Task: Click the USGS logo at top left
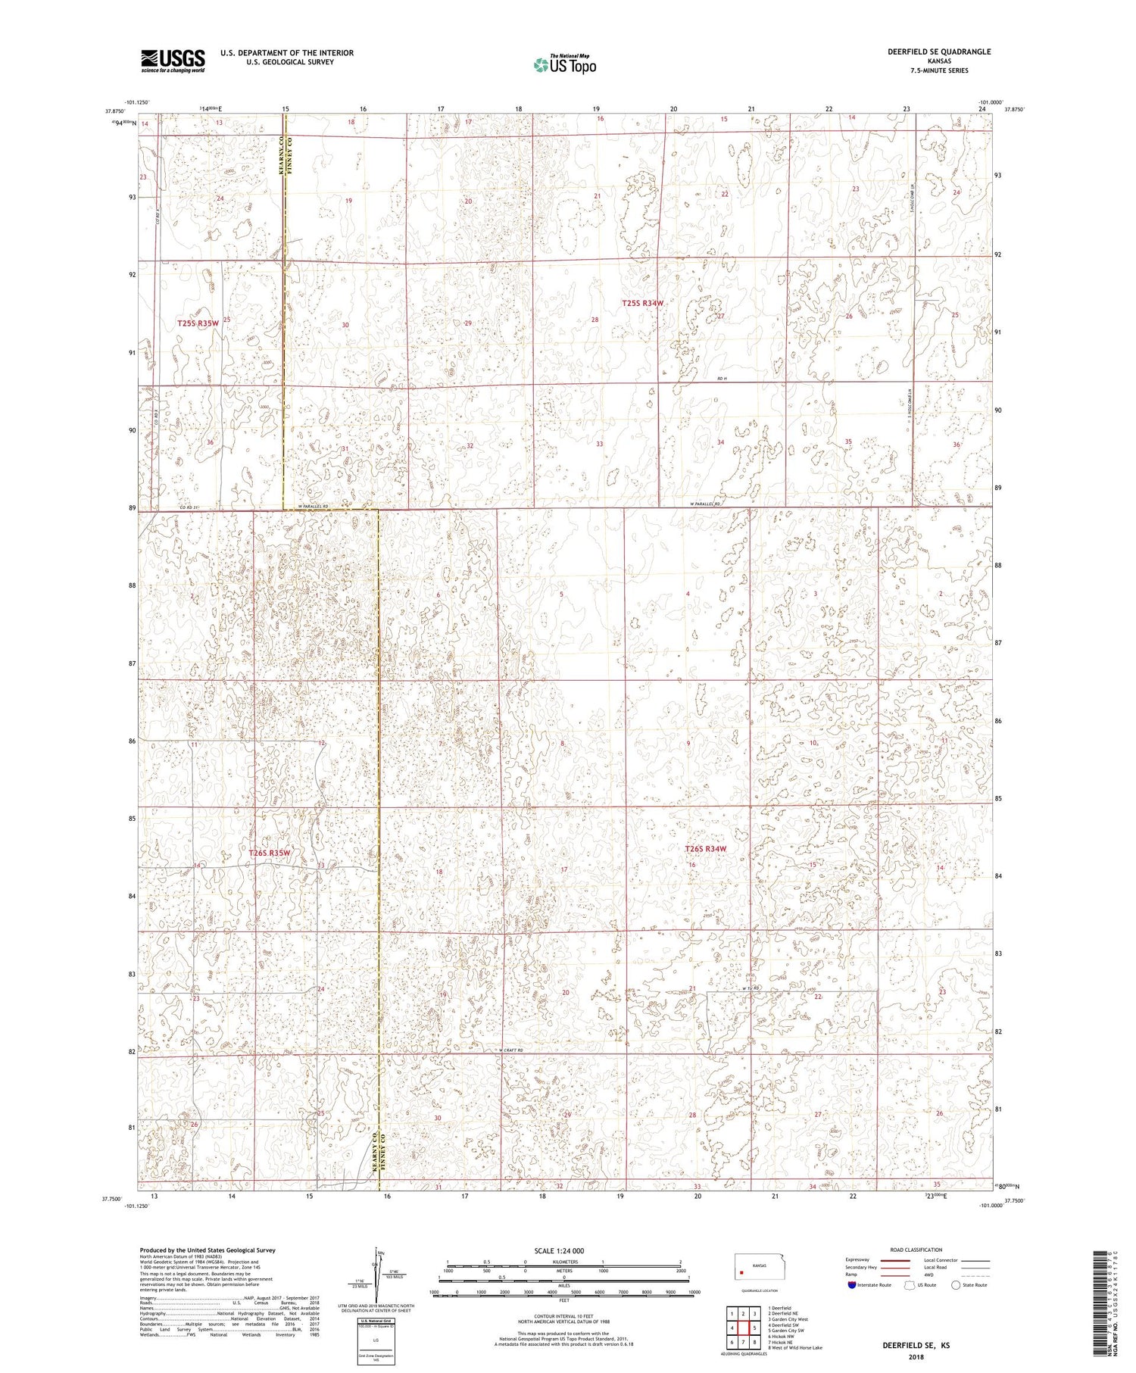pyautogui.click(x=173, y=61)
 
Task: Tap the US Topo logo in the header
pyautogui.click(x=564, y=65)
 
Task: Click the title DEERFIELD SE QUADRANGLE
pyautogui.click(x=938, y=51)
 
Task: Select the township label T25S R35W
pyautogui.click(x=198, y=323)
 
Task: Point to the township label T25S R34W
pyautogui.click(x=642, y=303)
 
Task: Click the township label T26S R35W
pyautogui.click(x=270, y=853)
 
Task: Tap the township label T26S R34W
pyautogui.click(x=705, y=849)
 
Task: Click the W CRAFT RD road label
pyautogui.click(x=512, y=1050)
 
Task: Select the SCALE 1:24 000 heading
pyautogui.click(x=563, y=1250)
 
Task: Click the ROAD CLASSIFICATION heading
pyautogui.click(x=916, y=1250)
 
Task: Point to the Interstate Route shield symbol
pyautogui.click(x=852, y=1284)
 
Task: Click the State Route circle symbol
pyautogui.click(x=956, y=1284)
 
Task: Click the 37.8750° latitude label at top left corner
pyautogui.click(x=115, y=110)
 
